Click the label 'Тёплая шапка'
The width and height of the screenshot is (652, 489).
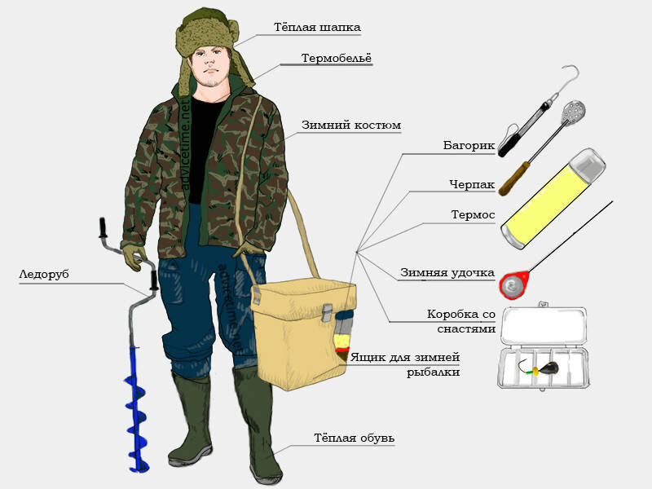click(x=317, y=28)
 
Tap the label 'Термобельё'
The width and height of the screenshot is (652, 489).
click(x=337, y=58)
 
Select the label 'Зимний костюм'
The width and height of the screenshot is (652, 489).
click(x=351, y=126)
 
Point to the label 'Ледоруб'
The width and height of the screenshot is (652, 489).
click(x=44, y=275)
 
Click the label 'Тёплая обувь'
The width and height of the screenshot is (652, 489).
click(x=355, y=438)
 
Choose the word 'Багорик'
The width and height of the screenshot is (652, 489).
click(x=469, y=146)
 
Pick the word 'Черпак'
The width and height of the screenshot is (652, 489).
click(x=472, y=184)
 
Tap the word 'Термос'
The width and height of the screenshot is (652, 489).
click(x=474, y=215)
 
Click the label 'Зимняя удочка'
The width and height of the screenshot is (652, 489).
click(x=447, y=273)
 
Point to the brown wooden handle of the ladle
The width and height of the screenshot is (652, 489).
click(x=514, y=178)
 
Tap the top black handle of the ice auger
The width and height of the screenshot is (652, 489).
click(x=104, y=227)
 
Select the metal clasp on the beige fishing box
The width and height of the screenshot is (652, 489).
click(x=328, y=313)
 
